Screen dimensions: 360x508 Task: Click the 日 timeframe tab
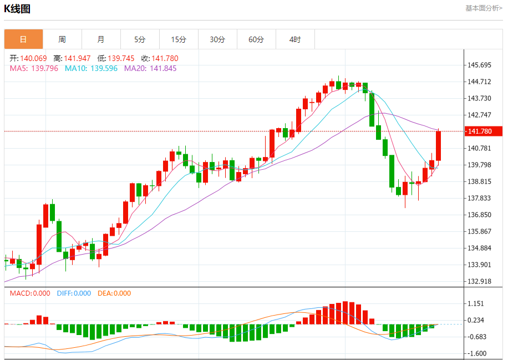(x=23, y=39)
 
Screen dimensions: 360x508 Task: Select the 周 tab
(x=62, y=39)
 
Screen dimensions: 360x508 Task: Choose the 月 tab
(x=101, y=39)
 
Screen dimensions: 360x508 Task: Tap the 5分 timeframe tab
(x=140, y=39)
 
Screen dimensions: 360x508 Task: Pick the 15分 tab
(x=179, y=39)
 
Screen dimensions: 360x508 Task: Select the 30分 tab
(x=217, y=39)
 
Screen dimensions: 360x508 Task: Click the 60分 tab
(x=256, y=39)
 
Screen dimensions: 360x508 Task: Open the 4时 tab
(x=295, y=39)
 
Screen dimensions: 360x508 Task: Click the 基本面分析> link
(x=484, y=8)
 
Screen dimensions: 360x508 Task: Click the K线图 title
(x=18, y=9)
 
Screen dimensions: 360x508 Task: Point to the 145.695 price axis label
(x=480, y=65)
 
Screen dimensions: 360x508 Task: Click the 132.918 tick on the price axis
(x=480, y=281)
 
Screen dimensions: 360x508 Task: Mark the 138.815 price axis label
(x=480, y=181)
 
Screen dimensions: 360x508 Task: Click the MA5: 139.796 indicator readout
(x=34, y=68)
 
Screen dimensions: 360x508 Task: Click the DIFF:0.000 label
(x=74, y=293)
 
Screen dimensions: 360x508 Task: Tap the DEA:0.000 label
(x=114, y=293)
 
